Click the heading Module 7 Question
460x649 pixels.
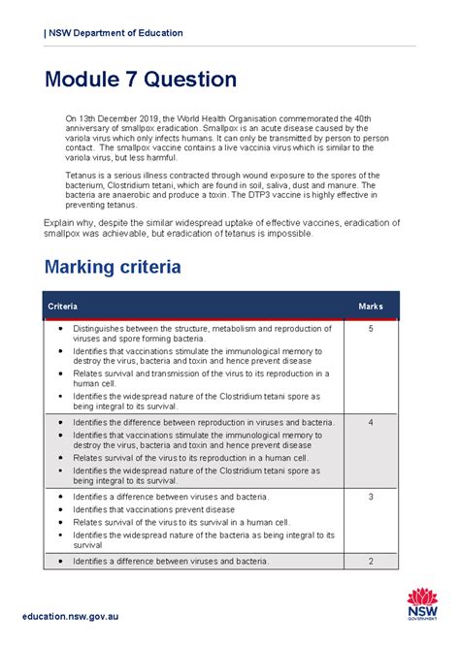[140, 80]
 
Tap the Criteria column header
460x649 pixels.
[64, 307]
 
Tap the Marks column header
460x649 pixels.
[371, 307]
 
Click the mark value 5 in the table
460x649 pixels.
[371, 330]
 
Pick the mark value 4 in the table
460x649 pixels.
[371, 423]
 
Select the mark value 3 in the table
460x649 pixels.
[371, 497]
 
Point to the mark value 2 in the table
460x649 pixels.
[371, 562]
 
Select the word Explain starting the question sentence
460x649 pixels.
[61, 222]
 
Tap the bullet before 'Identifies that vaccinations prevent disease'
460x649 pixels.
[60, 509]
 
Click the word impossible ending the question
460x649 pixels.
[287, 233]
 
